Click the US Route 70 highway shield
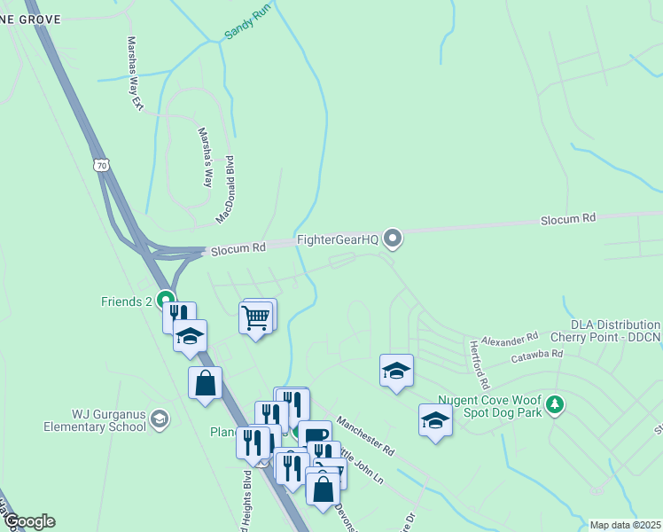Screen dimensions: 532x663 tap(102, 165)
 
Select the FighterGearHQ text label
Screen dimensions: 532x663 tap(337, 239)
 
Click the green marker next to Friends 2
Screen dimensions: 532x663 tap(165, 301)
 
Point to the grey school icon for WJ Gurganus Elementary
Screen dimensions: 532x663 tap(160, 419)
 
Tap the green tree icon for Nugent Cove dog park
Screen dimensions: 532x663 tap(555, 405)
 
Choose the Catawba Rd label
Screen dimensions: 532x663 tap(537, 356)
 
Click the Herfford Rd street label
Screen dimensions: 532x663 tap(480, 365)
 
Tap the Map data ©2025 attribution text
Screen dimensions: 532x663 tap(625, 525)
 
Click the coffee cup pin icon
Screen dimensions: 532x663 tap(315, 434)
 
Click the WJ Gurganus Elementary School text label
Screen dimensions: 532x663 tap(97, 419)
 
